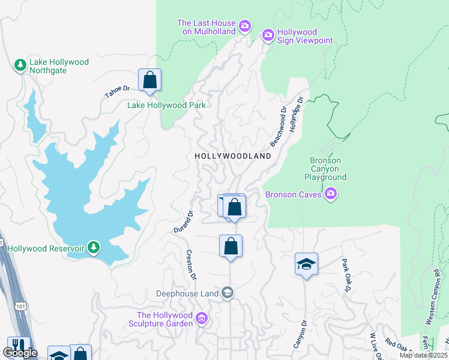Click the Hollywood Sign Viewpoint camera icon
point(268,35)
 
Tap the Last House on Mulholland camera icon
point(244,25)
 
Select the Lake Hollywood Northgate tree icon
point(20,64)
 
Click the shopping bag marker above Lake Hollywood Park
point(149,80)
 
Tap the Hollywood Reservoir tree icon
point(93,247)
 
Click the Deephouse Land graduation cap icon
point(228,293)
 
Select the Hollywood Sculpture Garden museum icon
point(202,318)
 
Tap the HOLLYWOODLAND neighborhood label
point(233,156)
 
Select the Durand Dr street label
point(182,222)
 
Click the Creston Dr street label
point(191,264)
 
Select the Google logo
point(19,353)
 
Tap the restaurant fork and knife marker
point(19,346)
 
